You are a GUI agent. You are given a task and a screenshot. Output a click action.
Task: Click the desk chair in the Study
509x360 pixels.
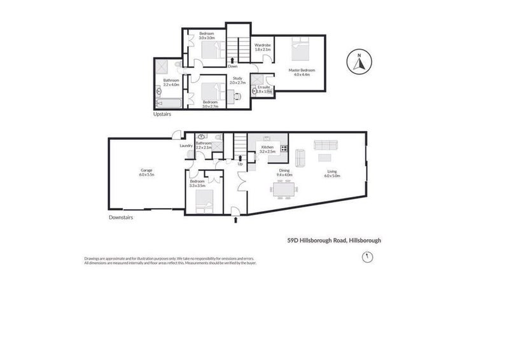pyautogui.click(x=237, y=97)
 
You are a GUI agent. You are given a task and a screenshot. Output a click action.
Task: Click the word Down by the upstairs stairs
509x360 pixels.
pyautogui.click(x=233, y=66)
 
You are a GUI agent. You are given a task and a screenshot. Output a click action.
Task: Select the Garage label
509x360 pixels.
pyautogui.click(x=147, y=171)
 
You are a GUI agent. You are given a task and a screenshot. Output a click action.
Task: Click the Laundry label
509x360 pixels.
pyautogui.click(x=186, y=146)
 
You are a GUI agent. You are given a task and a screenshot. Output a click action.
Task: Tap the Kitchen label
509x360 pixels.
pyautogui.click(x=267, y=148)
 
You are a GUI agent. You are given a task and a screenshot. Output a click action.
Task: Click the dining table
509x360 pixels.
pyautogui.click(x=283, y=189)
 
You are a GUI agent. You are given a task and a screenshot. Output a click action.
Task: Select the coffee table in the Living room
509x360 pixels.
pyautogui.click(x=324, y=157)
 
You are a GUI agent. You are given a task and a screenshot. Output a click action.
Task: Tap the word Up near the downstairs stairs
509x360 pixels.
pyautogui.click(x=240, y=164)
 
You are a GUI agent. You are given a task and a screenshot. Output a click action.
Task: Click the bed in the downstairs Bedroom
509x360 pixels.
pyautogui.click(x=206, y=202)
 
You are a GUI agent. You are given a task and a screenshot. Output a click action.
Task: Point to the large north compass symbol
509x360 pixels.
pyautogui.click(x=359, y=63)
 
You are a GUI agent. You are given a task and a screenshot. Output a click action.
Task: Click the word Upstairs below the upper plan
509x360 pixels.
pyautogui.click(x=162, y=115)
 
